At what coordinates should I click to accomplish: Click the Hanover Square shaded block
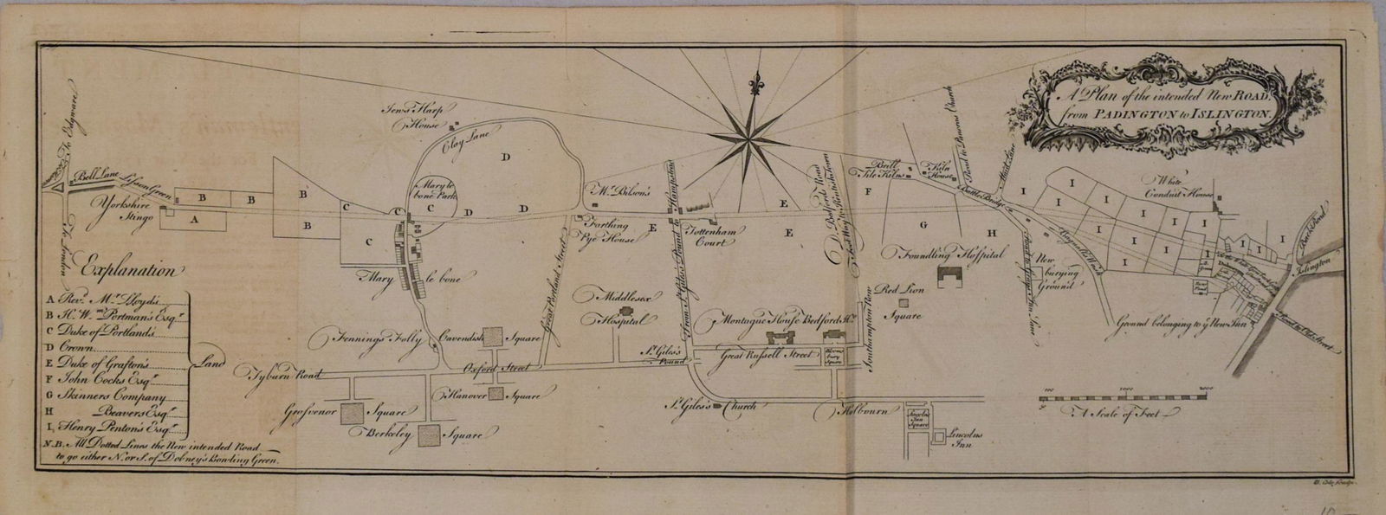pyautogui.click(x=495, y=395)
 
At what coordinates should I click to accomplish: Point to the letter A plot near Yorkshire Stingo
pyautogui.click(x=195, y=220)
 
